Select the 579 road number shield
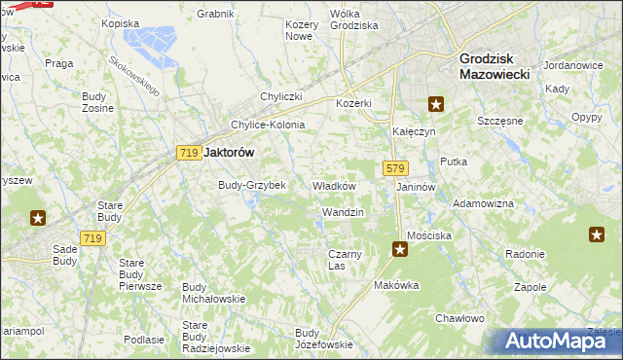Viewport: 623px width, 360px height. [x=394, y=168]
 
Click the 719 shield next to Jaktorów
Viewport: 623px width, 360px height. [x=190, y=152]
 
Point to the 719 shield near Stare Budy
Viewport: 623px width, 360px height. [x=93, y=238]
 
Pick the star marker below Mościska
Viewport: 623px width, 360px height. [x=400, y=250]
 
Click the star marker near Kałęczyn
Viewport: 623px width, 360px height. [x=436, y=104]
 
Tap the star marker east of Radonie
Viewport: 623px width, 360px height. [x=597, y=234]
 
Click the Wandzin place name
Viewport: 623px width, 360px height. [x=343, y=212]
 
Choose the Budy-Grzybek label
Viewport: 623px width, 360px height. [x=252, y=185]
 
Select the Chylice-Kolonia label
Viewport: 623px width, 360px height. [x=268, y=125]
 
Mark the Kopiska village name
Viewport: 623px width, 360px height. [x=121, y=22]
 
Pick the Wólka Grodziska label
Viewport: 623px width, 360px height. [x=353, y=19]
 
